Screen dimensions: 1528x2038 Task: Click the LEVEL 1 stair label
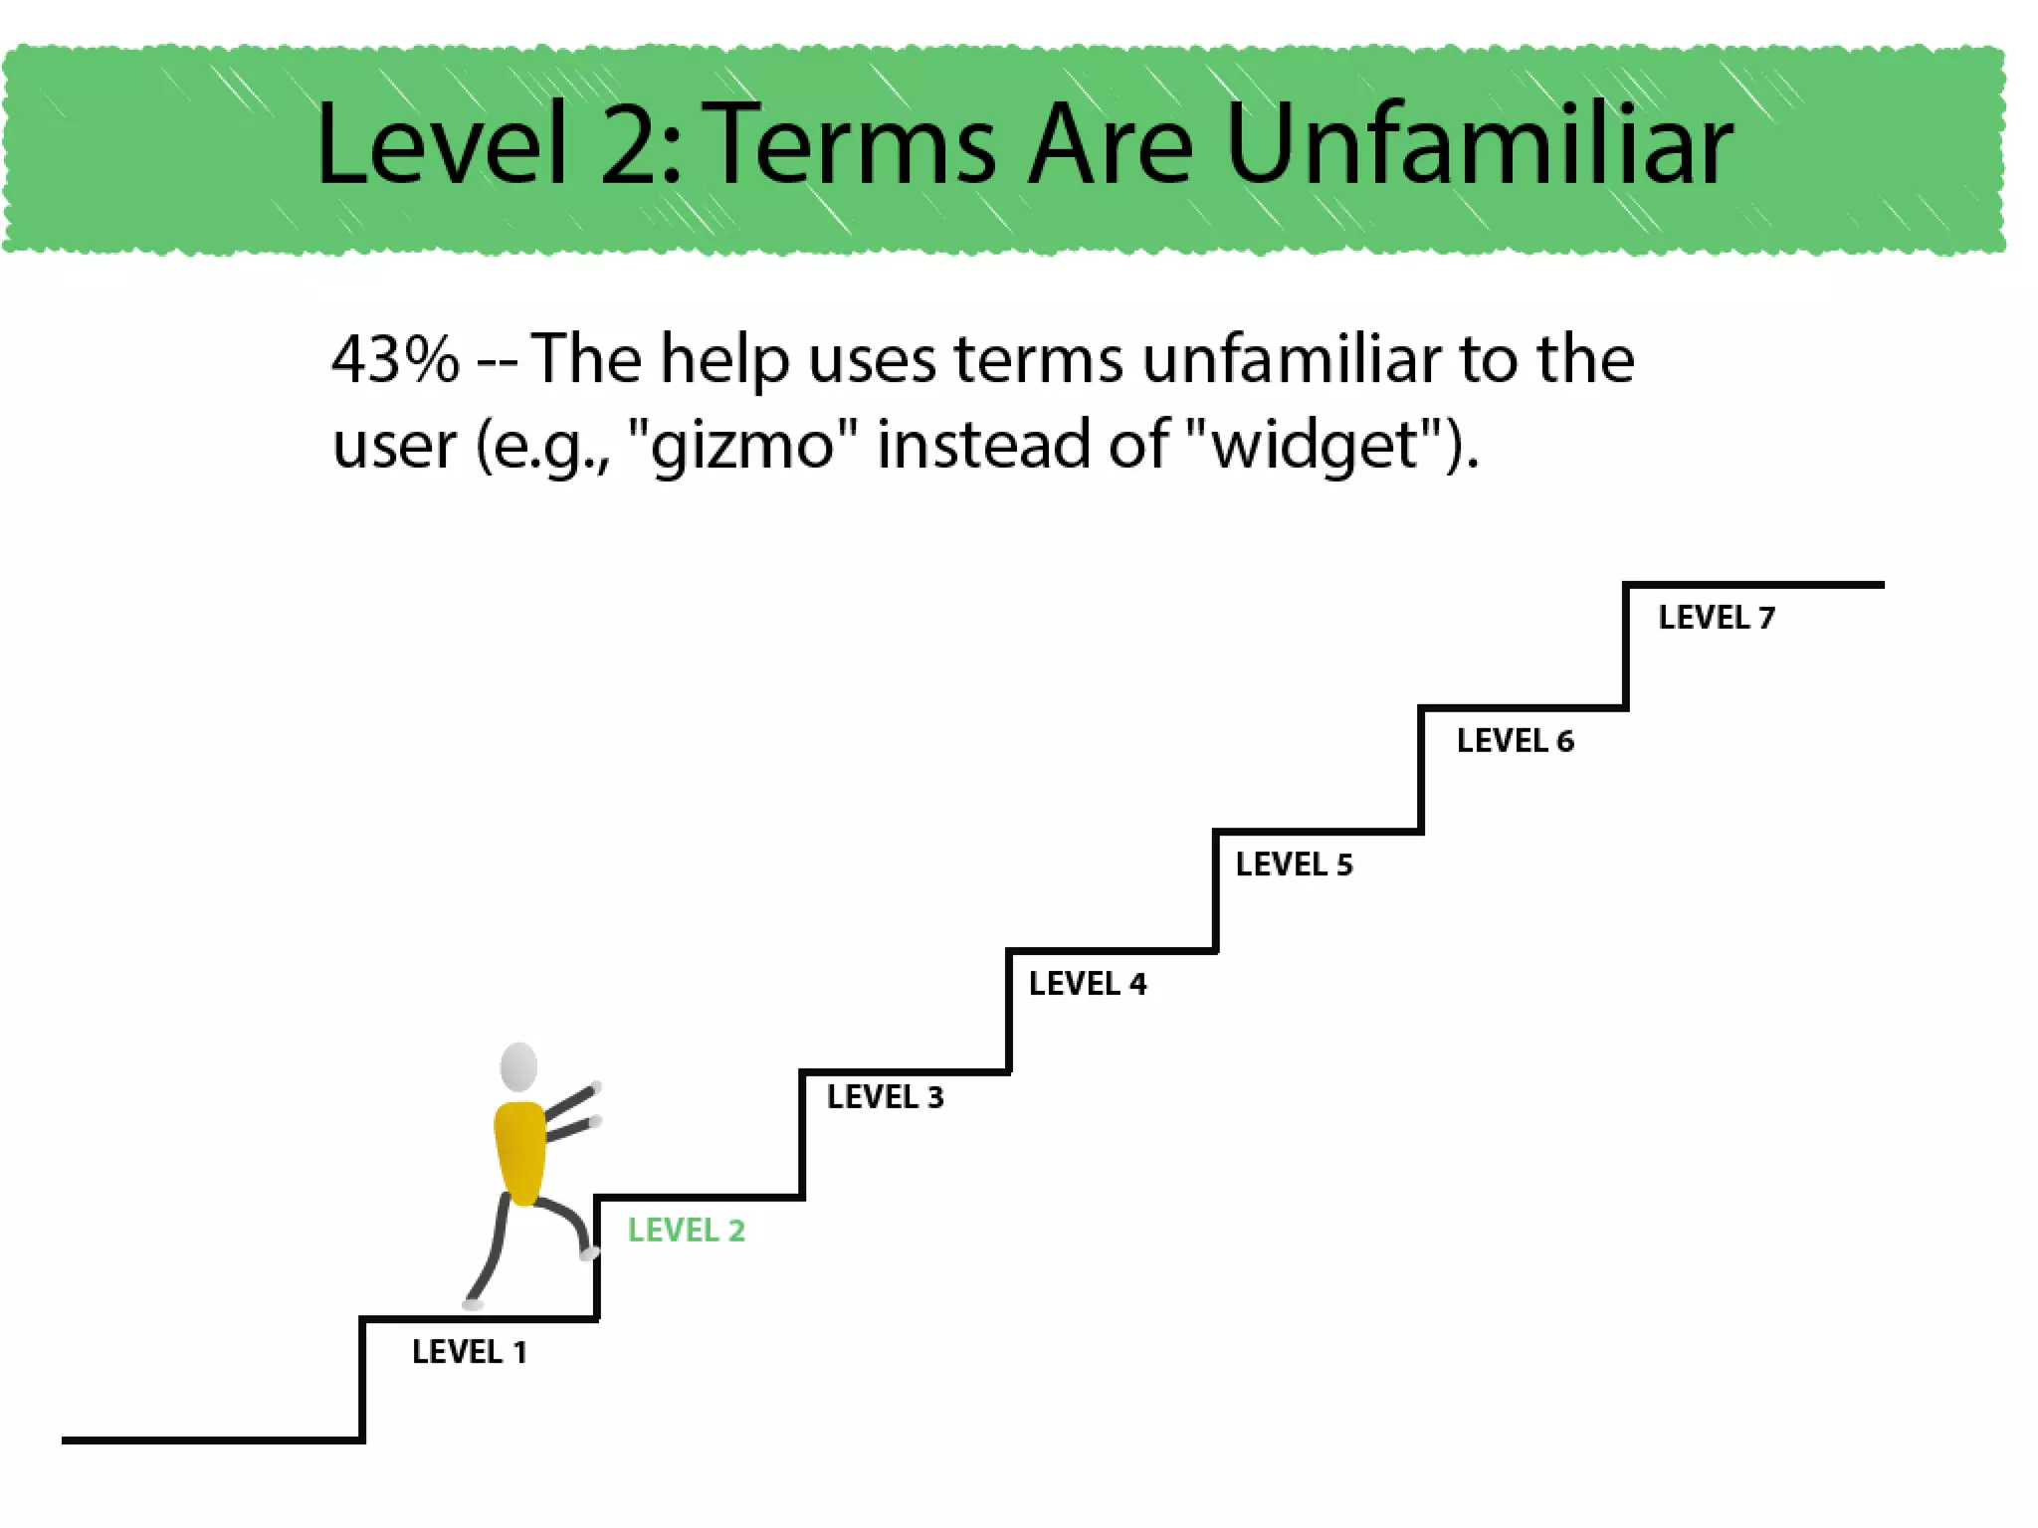pos(470,1352)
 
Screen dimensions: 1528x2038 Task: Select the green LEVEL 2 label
pos(686,1231)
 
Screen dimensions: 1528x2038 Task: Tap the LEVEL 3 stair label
pos(885,1097)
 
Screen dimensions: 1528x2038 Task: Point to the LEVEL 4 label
pos(1088,984)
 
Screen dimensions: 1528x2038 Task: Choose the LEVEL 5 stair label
pos(1294,864)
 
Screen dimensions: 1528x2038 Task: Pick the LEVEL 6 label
pos(1515,741)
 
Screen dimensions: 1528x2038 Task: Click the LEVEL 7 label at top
pos(1716,618)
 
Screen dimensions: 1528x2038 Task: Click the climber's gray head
pos(518,1067)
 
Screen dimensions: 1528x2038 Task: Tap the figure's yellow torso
pos(520,1152)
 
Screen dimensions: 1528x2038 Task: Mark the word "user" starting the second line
pos(394,446)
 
